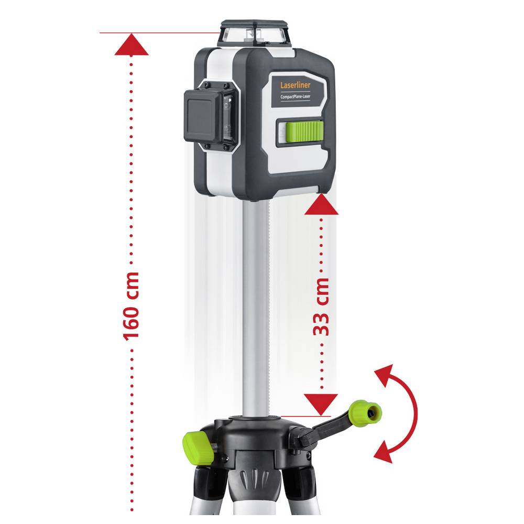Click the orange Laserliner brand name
(x=295, y=85)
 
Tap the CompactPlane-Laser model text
(x=296, y=96)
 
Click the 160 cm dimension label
(x=131, y=307)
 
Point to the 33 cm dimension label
(x=321, y=307)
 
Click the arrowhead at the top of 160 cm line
(x=132, y=44)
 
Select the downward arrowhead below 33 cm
(x=321, y=405)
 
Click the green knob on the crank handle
(x=365, y=413)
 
